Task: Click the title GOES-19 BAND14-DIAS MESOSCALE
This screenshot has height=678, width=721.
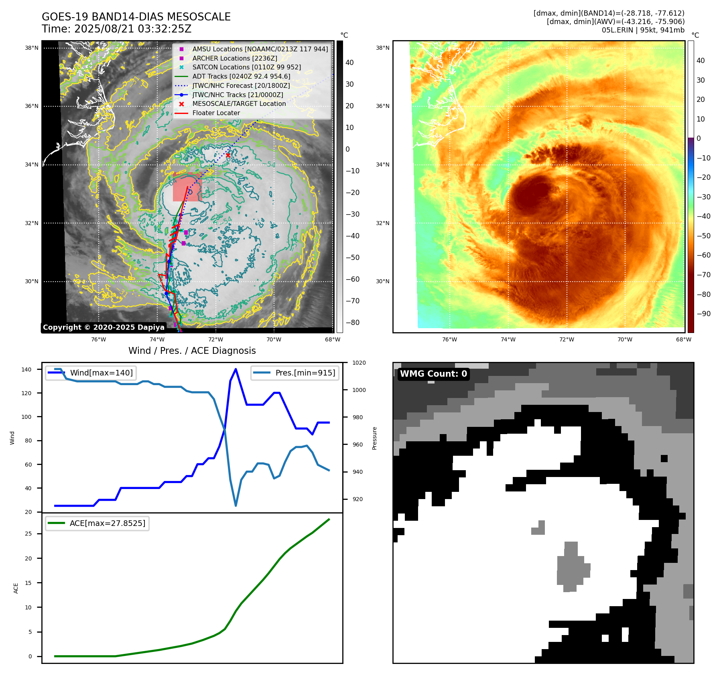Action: coord(136,17)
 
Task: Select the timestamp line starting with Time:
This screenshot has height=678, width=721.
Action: coord(116,29)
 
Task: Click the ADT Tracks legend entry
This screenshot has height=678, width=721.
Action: coord(241,76)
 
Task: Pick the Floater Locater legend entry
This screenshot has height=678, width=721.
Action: coord(216,113)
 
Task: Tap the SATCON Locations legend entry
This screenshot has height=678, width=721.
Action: coord(246,67)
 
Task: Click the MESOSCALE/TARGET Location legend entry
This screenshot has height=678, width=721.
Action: coord(239,104)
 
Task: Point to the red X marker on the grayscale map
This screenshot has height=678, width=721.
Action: coord(228,155)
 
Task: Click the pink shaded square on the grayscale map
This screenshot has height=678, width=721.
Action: coord(187,187)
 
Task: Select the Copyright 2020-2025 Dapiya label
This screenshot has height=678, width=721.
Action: coord(104,327)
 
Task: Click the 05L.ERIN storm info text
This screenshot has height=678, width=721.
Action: coord(643,30)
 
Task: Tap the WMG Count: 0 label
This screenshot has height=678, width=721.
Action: coord(433,374)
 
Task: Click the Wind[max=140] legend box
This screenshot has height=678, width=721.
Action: coord(91,373)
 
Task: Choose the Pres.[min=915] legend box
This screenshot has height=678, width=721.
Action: coord(295,373)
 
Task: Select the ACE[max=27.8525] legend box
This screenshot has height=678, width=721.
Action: coord(97,523)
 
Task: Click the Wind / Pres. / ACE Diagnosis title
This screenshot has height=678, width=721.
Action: coord(192,351)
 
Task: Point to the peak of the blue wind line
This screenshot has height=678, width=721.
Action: coord(236,369)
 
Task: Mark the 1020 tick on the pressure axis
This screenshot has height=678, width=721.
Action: coord(359,363)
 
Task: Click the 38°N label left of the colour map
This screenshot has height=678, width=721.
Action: coord(382,48)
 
